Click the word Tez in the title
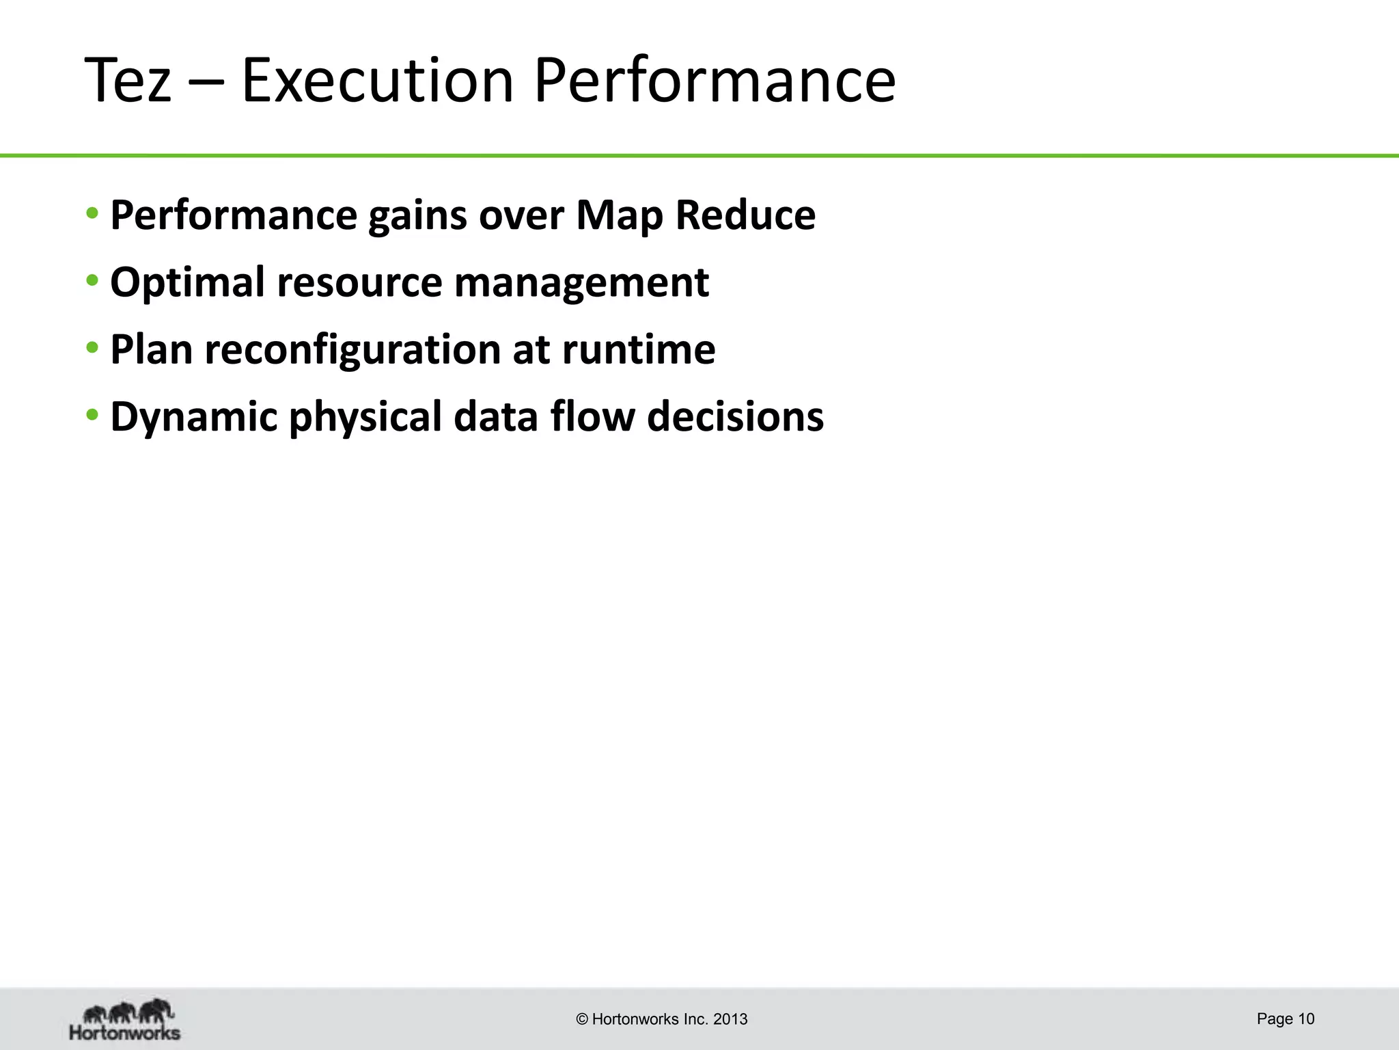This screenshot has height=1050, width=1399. pyautogui.click(x=128, y=81)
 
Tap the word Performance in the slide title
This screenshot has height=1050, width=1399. pyautogui.click(x=714, y=81)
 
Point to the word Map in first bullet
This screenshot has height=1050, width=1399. pyautogui.click(x=619, y=216)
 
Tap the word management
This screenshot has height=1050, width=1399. pyautogui.click(x=581, y=283)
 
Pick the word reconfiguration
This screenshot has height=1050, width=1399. pyautogui.click(x=352, y=350)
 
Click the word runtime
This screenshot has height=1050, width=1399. pyautogui.click(x=639, y=350)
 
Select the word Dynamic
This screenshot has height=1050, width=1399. pyautogui.click(x=193, y=417)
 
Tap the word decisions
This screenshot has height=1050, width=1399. pyautogui.click(x=735, y=416)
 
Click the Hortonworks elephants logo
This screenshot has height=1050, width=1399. pyautogui.click(x=126, y=1019)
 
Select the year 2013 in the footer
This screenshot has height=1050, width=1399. pyautogui.click(x=730, y=1020)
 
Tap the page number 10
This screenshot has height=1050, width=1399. pyautogui.click(x=1306, y=1019)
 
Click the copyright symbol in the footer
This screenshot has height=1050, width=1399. pyautogui.click(x=582, y=1020)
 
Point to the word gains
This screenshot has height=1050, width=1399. pyautogui.click(x=417, y=216)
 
